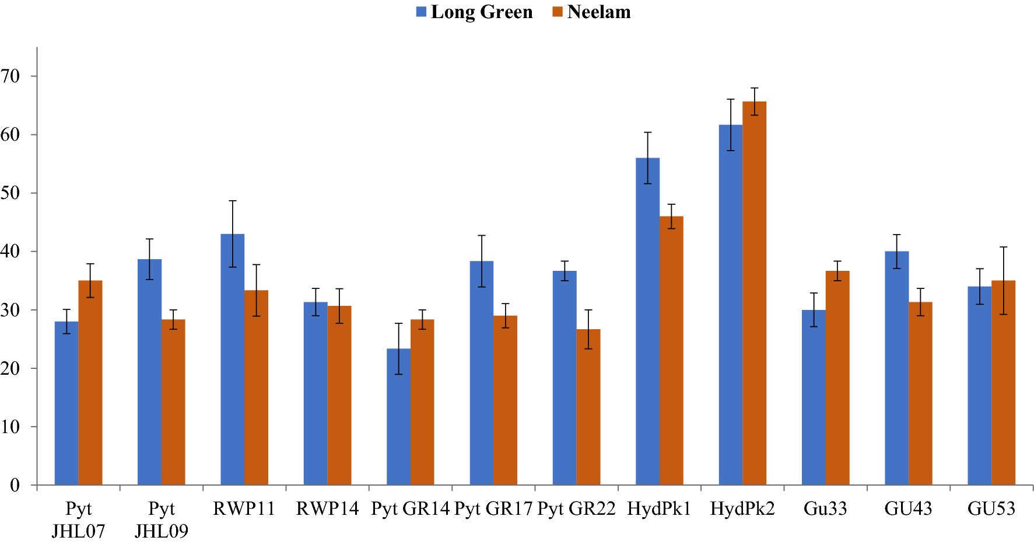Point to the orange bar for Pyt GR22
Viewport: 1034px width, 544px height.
[588, 409]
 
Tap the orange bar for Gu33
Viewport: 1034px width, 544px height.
[837, 379]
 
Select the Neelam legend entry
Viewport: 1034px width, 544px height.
[591, 12]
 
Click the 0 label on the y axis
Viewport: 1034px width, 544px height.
[15, 485]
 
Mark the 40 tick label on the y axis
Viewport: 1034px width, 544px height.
[10, 252]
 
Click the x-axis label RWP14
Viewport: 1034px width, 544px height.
[327, 509]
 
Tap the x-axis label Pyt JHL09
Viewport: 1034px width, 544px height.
[162, 519]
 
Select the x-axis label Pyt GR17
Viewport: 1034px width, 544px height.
[493, 509]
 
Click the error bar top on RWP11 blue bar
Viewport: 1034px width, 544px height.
[232, 201]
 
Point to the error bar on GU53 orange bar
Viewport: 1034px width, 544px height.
[1003, 280]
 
